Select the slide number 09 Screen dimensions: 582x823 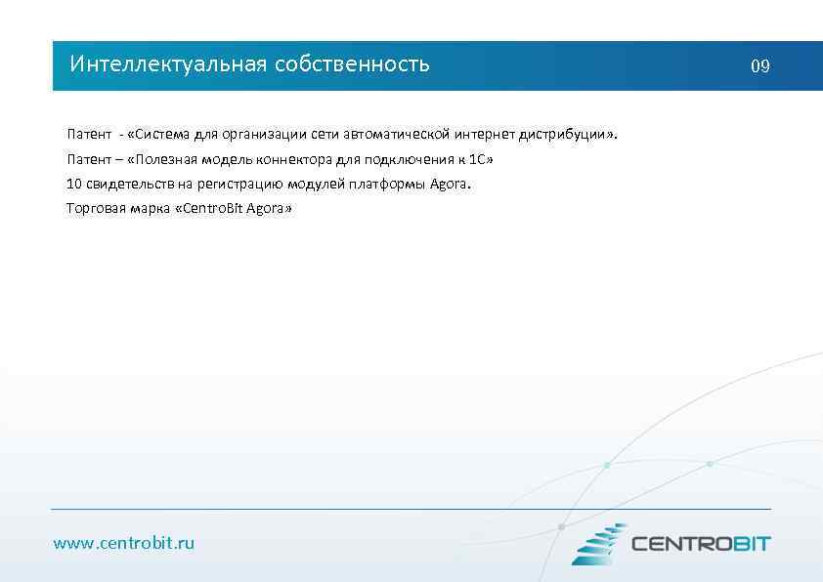tap(759, 66)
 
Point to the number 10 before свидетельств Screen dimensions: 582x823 tap(73, 184)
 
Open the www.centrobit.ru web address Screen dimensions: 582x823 tap(124, 543)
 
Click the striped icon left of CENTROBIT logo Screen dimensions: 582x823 tap(598, 544)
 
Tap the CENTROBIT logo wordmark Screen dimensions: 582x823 tap(701, 544)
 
